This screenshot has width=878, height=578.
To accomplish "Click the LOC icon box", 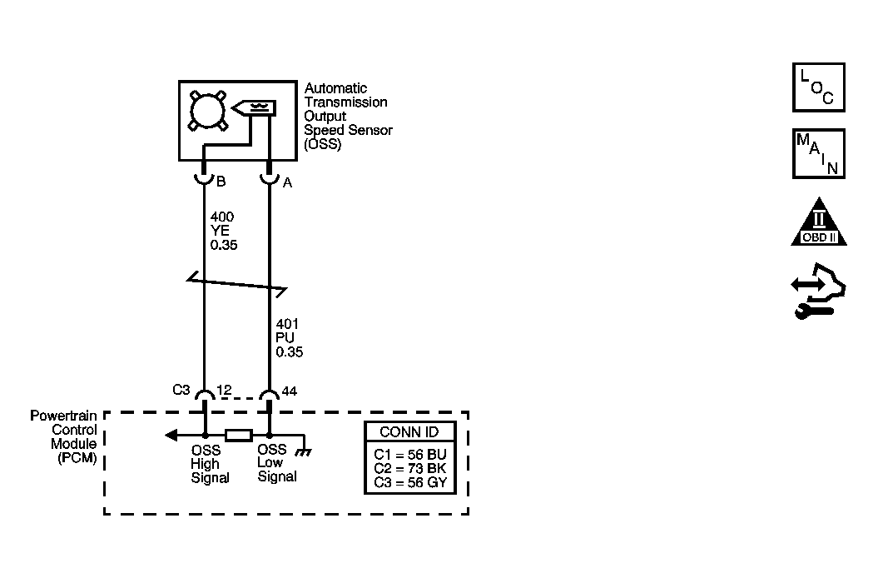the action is (819, 87).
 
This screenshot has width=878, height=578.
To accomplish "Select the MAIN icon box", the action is (819, 153).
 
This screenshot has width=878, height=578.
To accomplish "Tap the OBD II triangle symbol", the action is (819, 223).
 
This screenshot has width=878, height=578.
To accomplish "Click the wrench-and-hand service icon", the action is (818, 291).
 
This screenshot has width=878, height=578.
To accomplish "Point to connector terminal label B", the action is (221, 182).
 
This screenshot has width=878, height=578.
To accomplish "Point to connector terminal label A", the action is (287, 182).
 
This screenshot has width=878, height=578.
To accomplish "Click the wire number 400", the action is (222, 217).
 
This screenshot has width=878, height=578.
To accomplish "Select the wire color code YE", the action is (220, 231).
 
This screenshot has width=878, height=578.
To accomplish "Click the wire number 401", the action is (287, 324).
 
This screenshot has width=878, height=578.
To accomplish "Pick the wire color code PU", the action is (285, 338).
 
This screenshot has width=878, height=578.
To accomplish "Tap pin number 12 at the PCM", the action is (224, 390).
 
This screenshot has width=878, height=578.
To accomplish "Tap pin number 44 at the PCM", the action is (290, 391).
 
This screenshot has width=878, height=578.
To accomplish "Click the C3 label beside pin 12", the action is (181, 390).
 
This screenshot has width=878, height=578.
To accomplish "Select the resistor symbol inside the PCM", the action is (239, 435).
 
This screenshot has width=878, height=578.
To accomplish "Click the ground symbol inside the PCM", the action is (304, 451).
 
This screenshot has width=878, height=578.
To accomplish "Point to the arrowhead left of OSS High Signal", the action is (171, 435).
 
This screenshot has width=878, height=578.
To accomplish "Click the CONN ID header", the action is (410, 432).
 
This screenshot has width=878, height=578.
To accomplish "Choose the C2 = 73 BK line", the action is (410, 469).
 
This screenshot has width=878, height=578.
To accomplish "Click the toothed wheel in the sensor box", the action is (208, 111).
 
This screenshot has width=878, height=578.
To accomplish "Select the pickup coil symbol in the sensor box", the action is (254, 107).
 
